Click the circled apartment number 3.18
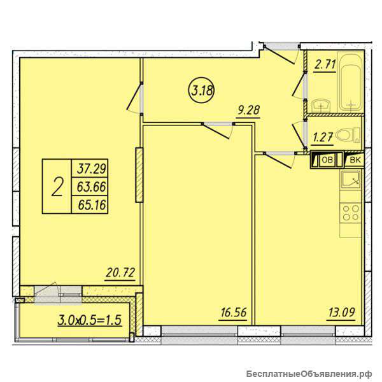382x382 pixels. click(x=201, y=91)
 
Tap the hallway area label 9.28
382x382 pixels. click(x=249, y=110)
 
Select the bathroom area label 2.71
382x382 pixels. click(x=325, y=64)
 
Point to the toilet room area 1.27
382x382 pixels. click(x=323, y=138)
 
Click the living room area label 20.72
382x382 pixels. click(x=120, y=273)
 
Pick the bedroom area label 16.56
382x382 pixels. click(x=233, y=313)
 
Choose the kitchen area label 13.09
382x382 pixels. click(x=341, y=313)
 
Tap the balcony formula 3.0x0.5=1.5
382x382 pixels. click(x=89, y=320)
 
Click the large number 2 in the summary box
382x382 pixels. click(x=57, y=187)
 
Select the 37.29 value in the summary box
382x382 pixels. click(x=91, y=169)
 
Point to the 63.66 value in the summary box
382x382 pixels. click(x=91, y=187)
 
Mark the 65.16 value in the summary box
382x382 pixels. click(x=92, y=205)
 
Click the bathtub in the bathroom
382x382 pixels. click(x=351, y=82)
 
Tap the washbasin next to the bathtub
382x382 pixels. click(x=321, y=105)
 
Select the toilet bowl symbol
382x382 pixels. click(x=348, y=135)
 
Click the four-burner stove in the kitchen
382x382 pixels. click(x=351, y=213)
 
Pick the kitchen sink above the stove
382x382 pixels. click(x=351, y=180)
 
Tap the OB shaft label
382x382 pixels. click(x=327, y=160)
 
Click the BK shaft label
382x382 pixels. click(x=355, y=160)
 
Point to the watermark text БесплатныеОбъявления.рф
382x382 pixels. click(x=309, y=373)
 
